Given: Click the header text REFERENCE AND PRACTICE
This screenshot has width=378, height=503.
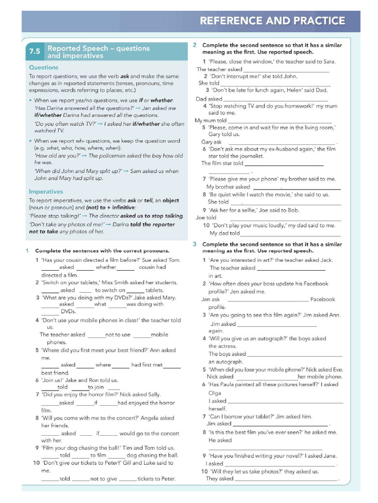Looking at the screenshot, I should (x=272, y=21).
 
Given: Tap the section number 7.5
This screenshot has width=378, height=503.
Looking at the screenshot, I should (x=34, y=52).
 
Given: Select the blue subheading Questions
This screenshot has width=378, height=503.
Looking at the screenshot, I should (x=43, y=67).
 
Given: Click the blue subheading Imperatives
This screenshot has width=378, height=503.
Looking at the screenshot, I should (x=46, y=192).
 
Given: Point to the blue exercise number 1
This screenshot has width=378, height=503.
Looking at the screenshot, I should (x=28, y=251).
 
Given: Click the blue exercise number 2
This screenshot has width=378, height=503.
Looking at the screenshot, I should (x=195, y=45).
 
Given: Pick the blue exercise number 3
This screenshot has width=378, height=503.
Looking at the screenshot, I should (x=195, y=244).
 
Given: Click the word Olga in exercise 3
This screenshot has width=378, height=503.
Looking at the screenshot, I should (x=215, y=393).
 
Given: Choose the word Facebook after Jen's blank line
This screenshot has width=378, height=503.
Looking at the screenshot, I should (x=322, y=299).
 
